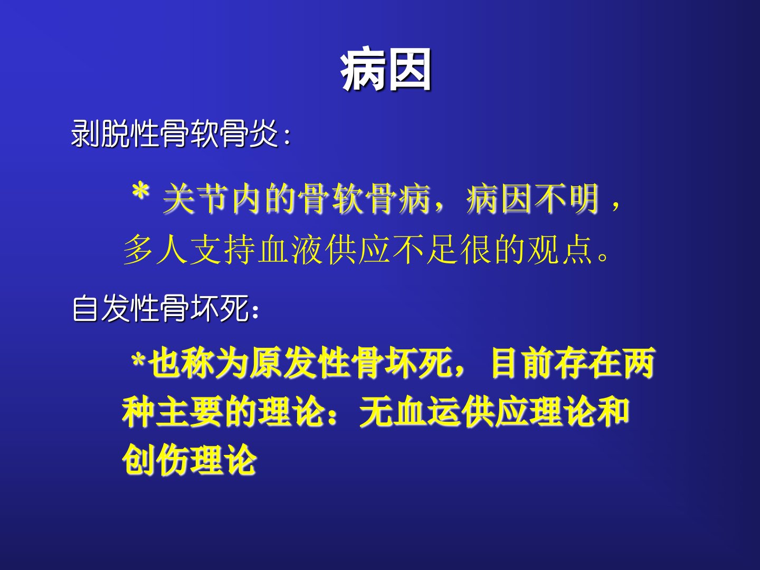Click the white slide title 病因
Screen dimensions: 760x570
(x=385, y=70)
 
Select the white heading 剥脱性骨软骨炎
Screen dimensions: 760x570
(x=175, y=134)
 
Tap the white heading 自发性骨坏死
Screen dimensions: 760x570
(x=160, y=308)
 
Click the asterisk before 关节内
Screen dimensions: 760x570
(x=141, y=192)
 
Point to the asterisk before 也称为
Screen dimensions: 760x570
(x=138, y=361)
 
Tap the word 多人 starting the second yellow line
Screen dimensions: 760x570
(x=155, y=250)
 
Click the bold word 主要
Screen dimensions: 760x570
(x=189, y=412)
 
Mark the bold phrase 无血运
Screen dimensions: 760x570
(x=409, y=412)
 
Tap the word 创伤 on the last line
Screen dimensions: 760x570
(x=155, y=460)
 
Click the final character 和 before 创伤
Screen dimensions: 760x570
(x=613, y=412)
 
